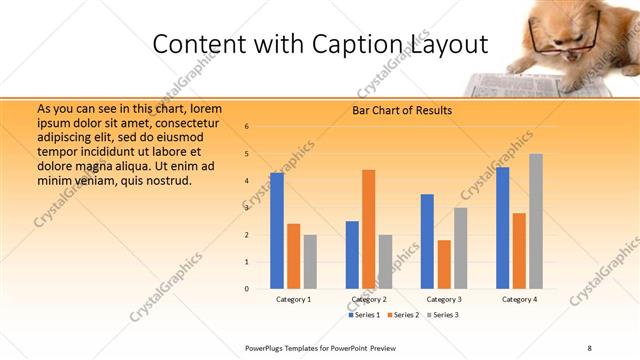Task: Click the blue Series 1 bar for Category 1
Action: point(277,231)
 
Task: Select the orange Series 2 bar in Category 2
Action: point(369,229)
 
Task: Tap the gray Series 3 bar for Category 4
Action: point(536,221)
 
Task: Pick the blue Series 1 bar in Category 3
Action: point(427,241)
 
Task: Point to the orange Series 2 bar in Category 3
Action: point(444,264)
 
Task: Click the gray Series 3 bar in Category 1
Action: point(310,262)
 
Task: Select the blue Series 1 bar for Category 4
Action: point(502,228)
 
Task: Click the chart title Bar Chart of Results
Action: point(401,110)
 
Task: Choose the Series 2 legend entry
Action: point(402,315)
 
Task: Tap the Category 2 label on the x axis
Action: point(369,299)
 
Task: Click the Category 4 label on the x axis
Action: point(520,299)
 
